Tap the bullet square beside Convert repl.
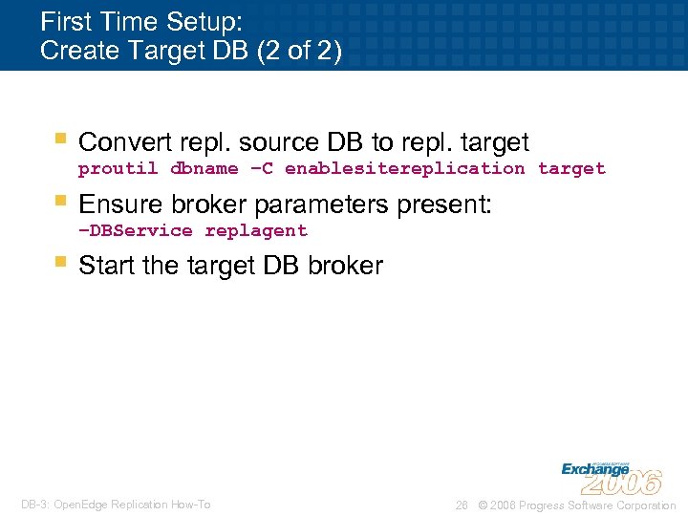pos(61,140)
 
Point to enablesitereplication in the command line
pos(404,169)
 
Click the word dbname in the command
pos(204,169)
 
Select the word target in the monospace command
pos(571,169)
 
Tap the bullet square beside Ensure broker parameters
pos(61,202)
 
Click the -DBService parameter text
pos(136,231)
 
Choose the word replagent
pos(256,231)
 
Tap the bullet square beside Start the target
pos(61,263)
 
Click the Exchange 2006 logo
pos(611,476)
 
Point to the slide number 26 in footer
pos(462,505)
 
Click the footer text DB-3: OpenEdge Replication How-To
pos(116,505)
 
